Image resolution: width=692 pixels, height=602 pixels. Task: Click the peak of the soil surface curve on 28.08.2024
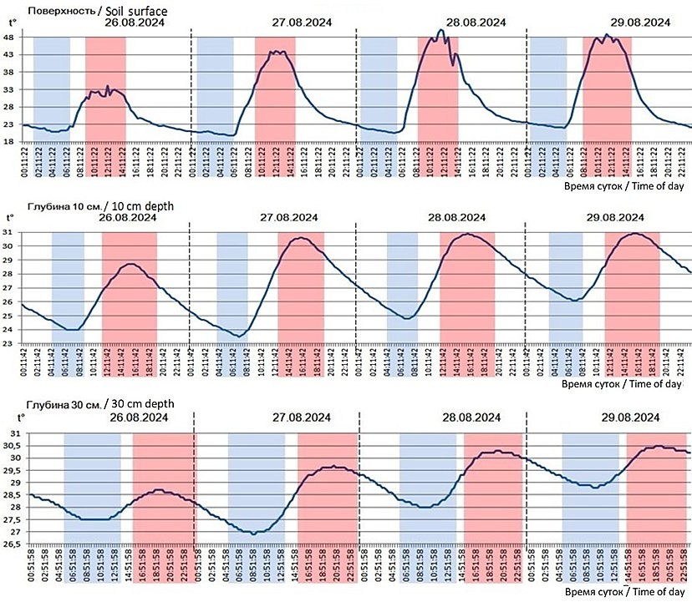click(441, 31)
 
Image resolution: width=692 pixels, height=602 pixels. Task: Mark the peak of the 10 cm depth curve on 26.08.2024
click(130, 264)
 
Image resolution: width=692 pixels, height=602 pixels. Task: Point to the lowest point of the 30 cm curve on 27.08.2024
click(254, 534)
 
